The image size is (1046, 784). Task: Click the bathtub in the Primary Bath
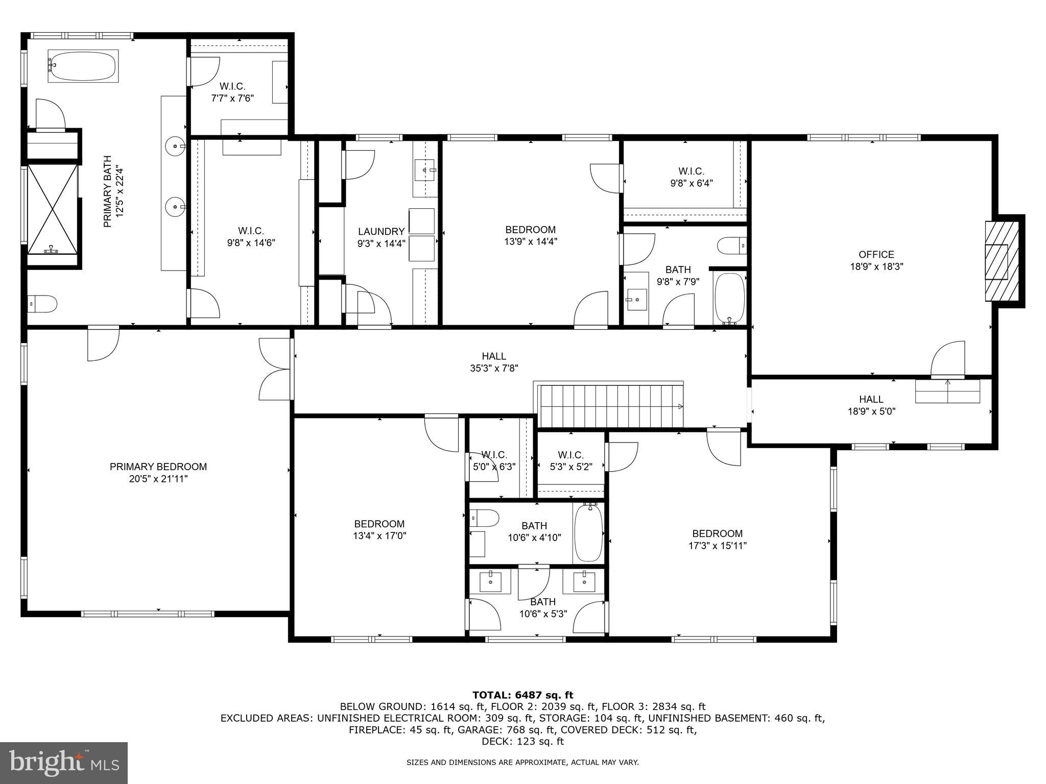tap(83, 65)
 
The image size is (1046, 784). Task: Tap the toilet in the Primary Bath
tap(43, 304)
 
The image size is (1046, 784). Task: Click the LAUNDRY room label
tap(381, 232)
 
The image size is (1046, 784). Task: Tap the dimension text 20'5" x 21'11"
tap(158, 479)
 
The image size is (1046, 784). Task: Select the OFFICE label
tap(876, 254)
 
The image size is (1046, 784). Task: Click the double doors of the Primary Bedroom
tap(276, 370)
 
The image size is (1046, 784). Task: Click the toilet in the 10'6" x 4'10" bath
tap(483, 519)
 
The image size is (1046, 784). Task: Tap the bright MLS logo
tap(64, 763)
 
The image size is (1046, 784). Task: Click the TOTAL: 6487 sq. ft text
tap(522, 695)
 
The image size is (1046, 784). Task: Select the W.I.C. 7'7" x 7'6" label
tap(232, 92)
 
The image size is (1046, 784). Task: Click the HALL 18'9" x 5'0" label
tap(871, 405)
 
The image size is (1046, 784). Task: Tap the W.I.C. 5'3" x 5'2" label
tap(570, 460)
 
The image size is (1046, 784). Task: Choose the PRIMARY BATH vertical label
tap(113, 192)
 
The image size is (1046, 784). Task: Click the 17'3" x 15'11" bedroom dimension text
tap(717, 546)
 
